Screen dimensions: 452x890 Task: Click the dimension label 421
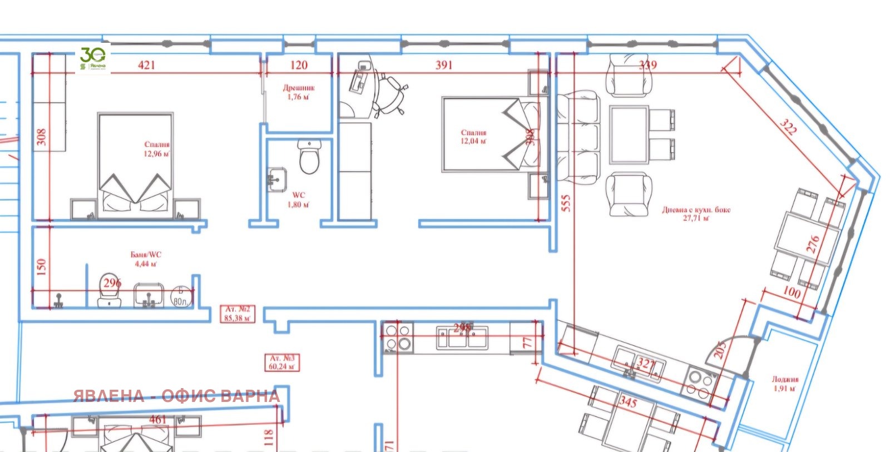point(146,65)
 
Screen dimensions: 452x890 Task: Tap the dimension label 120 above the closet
point(299,65)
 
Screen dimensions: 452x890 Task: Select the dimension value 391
point(444,65)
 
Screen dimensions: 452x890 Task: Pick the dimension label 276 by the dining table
point(813,244)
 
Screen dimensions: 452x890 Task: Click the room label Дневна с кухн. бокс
point(696,214)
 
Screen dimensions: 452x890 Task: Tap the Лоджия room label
point(784,384)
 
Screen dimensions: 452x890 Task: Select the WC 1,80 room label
point(299,200)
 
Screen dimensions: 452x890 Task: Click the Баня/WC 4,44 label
point(146,259)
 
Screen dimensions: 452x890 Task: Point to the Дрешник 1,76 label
point(299,92)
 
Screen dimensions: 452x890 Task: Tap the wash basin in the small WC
point(276,180)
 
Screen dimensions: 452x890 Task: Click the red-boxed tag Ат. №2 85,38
point(238,314)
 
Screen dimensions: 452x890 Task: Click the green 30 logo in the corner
point(93,58)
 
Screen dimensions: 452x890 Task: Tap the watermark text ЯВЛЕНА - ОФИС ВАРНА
point(176,396)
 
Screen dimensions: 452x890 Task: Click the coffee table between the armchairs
point(629,135)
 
